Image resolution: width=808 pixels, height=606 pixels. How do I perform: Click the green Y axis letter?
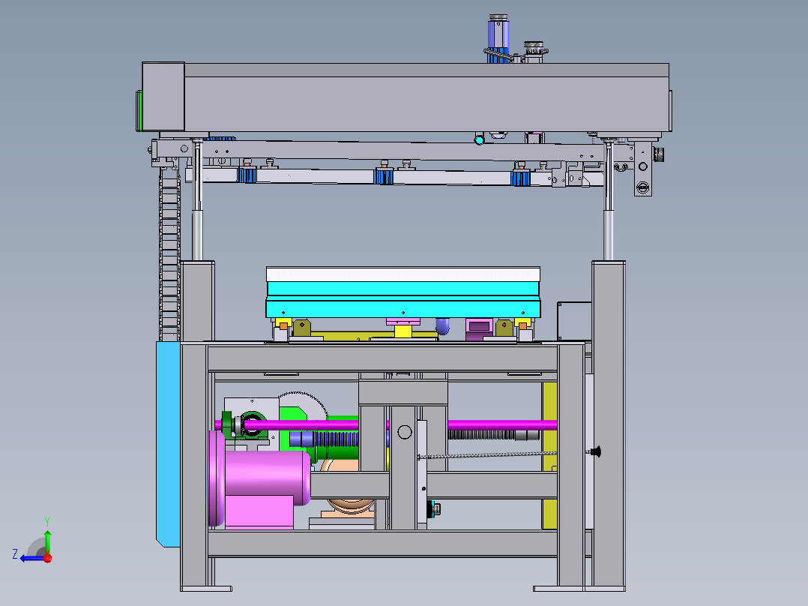47,521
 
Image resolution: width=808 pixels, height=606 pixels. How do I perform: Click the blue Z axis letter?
15,554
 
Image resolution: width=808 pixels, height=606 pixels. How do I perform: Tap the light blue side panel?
168,443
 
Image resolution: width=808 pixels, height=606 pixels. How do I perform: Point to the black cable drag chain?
169,253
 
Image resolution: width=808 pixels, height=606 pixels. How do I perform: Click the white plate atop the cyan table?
403,274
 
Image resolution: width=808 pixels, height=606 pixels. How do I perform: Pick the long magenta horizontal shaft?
387,425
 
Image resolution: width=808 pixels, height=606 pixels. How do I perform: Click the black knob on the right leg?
596,451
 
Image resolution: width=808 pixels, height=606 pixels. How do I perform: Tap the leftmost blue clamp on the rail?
247,175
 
